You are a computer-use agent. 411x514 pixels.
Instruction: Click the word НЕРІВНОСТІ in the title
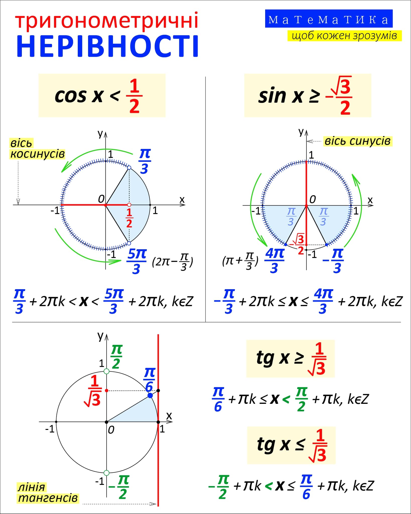(x=107, y=47)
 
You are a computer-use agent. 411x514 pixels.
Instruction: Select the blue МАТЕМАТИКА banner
(x=329, y=19)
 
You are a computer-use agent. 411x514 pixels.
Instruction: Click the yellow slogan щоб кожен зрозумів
(x=344, y=36)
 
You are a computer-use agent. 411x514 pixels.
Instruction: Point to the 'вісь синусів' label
(x=357, y=141)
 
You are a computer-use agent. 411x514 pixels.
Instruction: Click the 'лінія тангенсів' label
(x=48, y=492)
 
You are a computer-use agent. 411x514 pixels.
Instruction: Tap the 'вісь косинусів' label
(x=37, y=149)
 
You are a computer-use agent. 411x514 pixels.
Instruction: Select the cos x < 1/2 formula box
(x=102, y=95)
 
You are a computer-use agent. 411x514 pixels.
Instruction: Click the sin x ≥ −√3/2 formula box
(x=307, y=95)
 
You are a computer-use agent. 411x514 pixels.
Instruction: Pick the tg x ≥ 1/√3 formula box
(x=290, y=358)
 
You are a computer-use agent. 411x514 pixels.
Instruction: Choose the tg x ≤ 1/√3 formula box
(x=291, y=445)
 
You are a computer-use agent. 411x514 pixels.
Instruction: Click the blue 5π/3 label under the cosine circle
(x=136, y=261)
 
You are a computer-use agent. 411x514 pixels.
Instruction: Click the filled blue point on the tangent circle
(x=150, y=396)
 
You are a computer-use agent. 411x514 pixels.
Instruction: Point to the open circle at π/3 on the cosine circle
(x=129, y=168)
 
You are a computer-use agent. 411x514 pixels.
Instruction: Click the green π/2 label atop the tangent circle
(x=116, y=356)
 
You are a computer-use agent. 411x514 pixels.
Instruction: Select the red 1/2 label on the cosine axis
(x=129, y=218)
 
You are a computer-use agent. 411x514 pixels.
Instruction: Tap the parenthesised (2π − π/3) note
(x=172, y=262)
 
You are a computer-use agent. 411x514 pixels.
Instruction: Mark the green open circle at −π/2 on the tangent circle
(x=106, y=473)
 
